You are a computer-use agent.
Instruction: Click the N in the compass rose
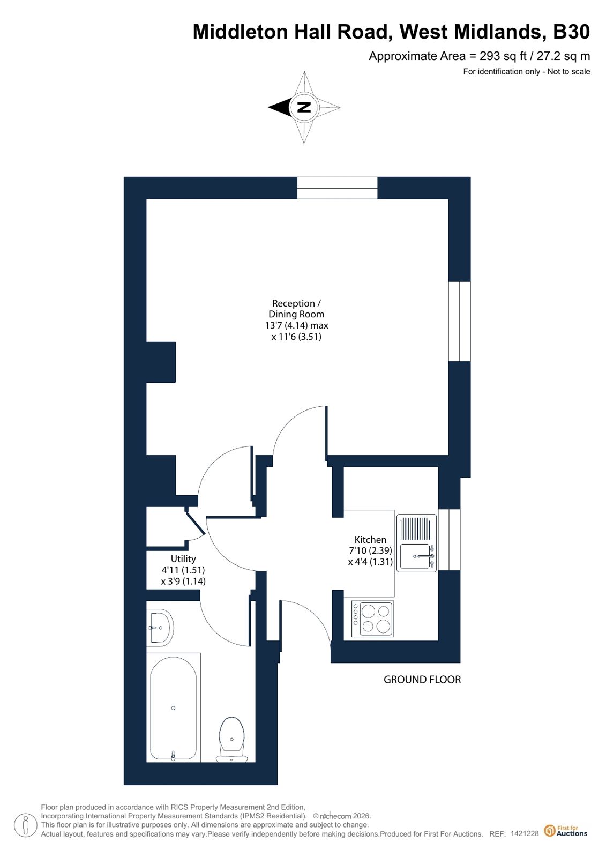[304, 108]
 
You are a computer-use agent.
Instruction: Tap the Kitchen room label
[370, 540]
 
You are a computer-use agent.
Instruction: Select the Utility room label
[183, 559]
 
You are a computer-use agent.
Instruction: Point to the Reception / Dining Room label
[296, 309]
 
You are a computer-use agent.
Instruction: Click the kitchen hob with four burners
[372, 619]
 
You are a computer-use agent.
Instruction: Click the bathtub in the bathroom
[173, 708]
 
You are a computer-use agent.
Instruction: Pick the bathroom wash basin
[160, 628]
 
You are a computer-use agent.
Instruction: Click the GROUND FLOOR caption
[422, 680]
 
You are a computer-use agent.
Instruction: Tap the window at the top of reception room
[338, 188]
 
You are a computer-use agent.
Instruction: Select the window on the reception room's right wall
[460, 322]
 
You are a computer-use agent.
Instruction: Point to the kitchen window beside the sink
[449, 540]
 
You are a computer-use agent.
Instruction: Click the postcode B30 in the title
[571, 32]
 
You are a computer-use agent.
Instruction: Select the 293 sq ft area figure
[503, 56]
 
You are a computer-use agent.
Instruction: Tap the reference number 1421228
[525, 833]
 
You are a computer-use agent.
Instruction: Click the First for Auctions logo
[565, 831]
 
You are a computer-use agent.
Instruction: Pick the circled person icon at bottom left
[26, 825]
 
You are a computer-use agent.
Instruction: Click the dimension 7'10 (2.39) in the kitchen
[370, 551]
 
